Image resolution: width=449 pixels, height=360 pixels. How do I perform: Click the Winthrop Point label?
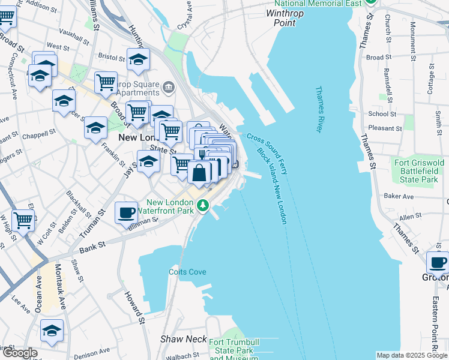click(x=289, y=17)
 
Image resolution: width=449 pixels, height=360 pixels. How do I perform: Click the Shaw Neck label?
click(x=183, y=339)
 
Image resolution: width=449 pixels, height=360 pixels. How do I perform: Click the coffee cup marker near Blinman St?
click(x=126, y=213)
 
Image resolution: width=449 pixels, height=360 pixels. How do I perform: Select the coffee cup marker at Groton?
click(x=438, y=263)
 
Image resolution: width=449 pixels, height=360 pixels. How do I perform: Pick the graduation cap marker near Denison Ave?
click(x=52, y=331)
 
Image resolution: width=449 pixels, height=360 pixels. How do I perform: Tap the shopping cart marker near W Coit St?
click(x=23, y=220)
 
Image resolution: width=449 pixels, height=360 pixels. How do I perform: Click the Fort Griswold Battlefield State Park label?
click(x=419, y=171)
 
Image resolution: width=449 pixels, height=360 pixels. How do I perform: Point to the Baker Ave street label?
click(x=399, y=196)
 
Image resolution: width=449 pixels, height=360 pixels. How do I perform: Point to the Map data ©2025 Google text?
click(x=411, y=355)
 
